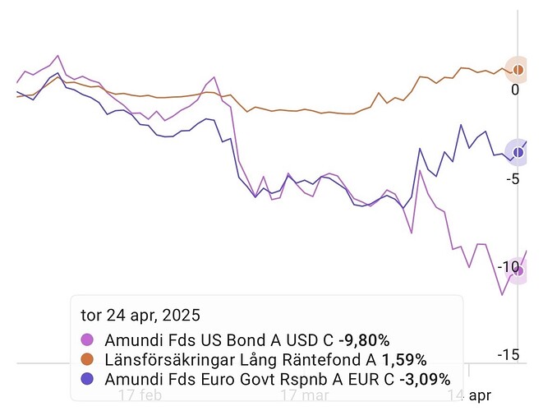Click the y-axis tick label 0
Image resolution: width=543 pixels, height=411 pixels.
tap(515, 90)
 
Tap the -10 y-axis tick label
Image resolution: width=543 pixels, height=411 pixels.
tap(508, 267)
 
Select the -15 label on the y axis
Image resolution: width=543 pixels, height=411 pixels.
tap(508, 355)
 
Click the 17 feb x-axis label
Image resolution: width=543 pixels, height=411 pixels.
tap(139, 395)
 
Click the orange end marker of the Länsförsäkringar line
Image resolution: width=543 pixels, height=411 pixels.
tap(518, 69)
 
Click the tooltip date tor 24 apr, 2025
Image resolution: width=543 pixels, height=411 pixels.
tap(140, 315)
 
